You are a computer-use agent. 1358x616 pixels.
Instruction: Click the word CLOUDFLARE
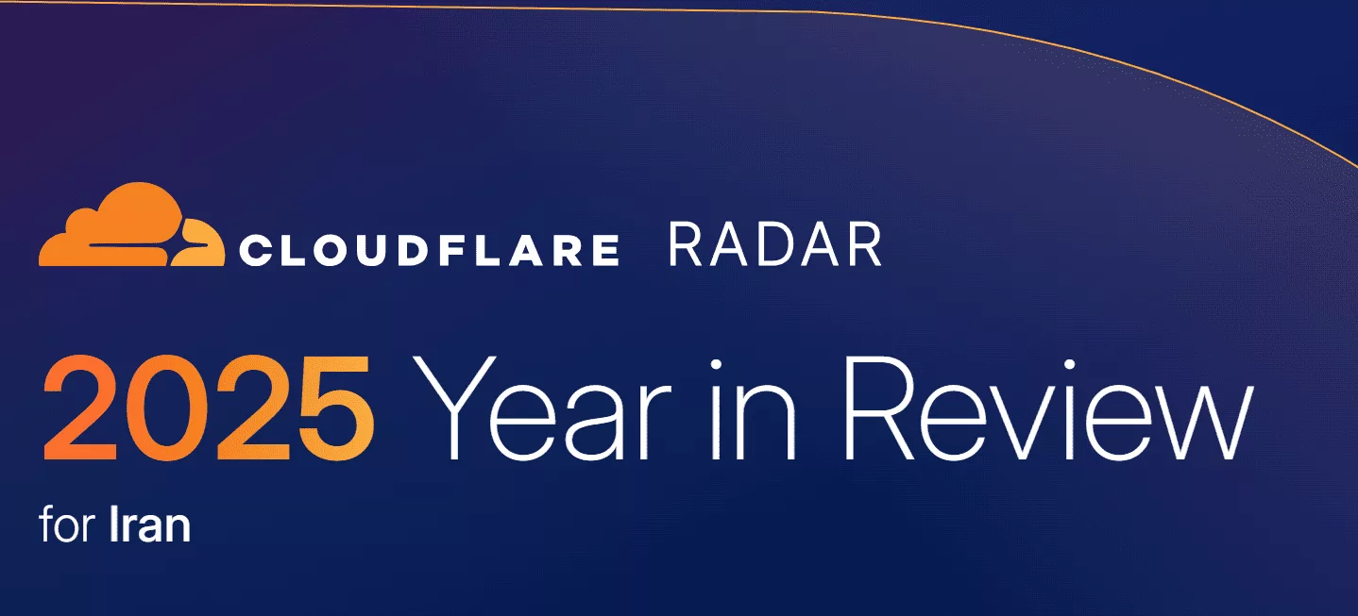(430, 250)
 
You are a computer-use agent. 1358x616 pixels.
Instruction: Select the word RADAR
(774, 244)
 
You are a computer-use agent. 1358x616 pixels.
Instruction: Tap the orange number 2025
(209, 408)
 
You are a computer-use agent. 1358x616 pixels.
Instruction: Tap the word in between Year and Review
(752, 408)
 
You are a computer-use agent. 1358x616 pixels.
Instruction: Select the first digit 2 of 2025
(80, 408)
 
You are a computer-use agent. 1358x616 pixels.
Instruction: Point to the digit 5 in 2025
(336, 408)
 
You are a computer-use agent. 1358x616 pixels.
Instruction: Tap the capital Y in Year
(446, 408)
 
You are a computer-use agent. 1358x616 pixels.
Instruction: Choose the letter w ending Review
(1191, 423)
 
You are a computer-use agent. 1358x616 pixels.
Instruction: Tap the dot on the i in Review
(1069, 365)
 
